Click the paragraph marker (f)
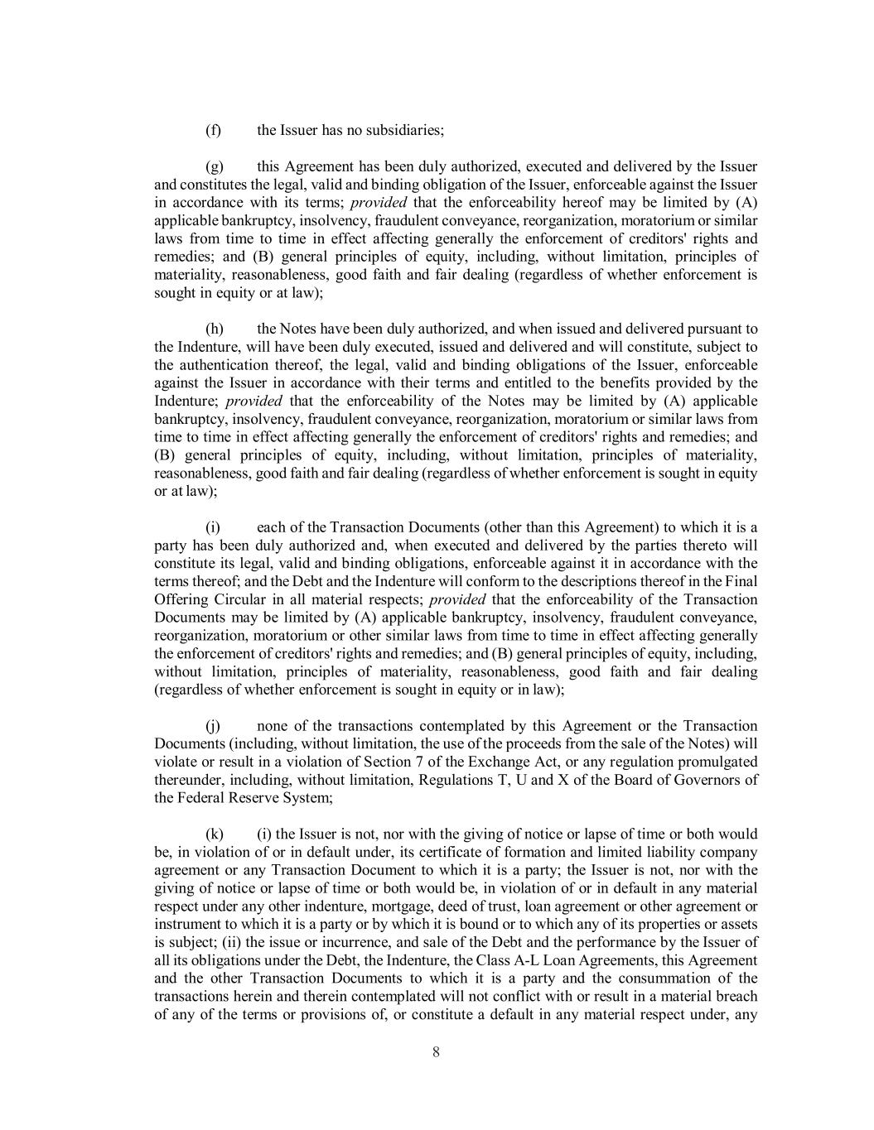(x=213, y=130)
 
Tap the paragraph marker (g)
(x=214, y=166)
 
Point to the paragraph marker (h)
(x=214, y=329)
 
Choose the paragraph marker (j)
(x=213, y=726)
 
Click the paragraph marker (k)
(x=214, y=834)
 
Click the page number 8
(x=436, y=1052)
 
